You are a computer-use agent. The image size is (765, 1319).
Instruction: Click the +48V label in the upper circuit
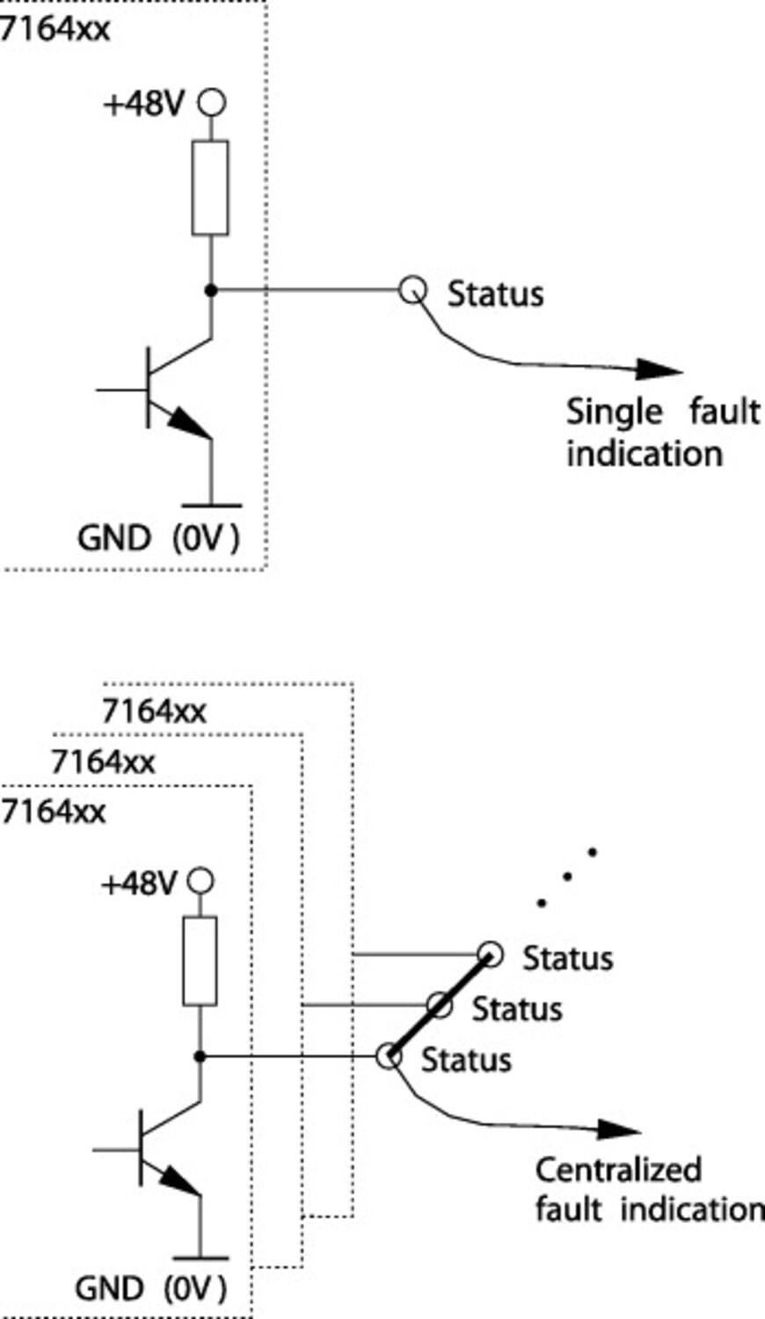point(143,105)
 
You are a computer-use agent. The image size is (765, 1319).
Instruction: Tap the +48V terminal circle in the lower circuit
point(201,881)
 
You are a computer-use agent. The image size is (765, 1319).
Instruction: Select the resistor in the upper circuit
point(210,187)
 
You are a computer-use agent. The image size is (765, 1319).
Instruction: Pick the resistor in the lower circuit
point(200,960)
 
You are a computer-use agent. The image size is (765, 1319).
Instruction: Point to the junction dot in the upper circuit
point(210,289)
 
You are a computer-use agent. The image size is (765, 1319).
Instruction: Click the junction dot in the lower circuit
point(200,1056)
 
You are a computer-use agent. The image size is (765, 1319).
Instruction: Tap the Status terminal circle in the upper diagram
point(412,288)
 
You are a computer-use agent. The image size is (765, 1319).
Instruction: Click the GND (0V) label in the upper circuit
point(158,537)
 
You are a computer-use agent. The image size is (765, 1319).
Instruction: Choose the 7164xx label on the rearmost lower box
point(154,711)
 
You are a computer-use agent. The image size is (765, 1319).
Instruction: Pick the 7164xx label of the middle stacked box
point(104,762)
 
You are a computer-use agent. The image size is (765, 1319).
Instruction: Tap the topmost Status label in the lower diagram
point(567,958)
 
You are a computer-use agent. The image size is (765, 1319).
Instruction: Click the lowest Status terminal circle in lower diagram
point(388,1056)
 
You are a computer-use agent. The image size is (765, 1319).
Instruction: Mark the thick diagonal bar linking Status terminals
point(439,1005)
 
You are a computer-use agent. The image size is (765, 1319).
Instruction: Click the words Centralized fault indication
point(646,1189)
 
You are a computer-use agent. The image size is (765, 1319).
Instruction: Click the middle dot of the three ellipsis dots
point(567,877)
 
